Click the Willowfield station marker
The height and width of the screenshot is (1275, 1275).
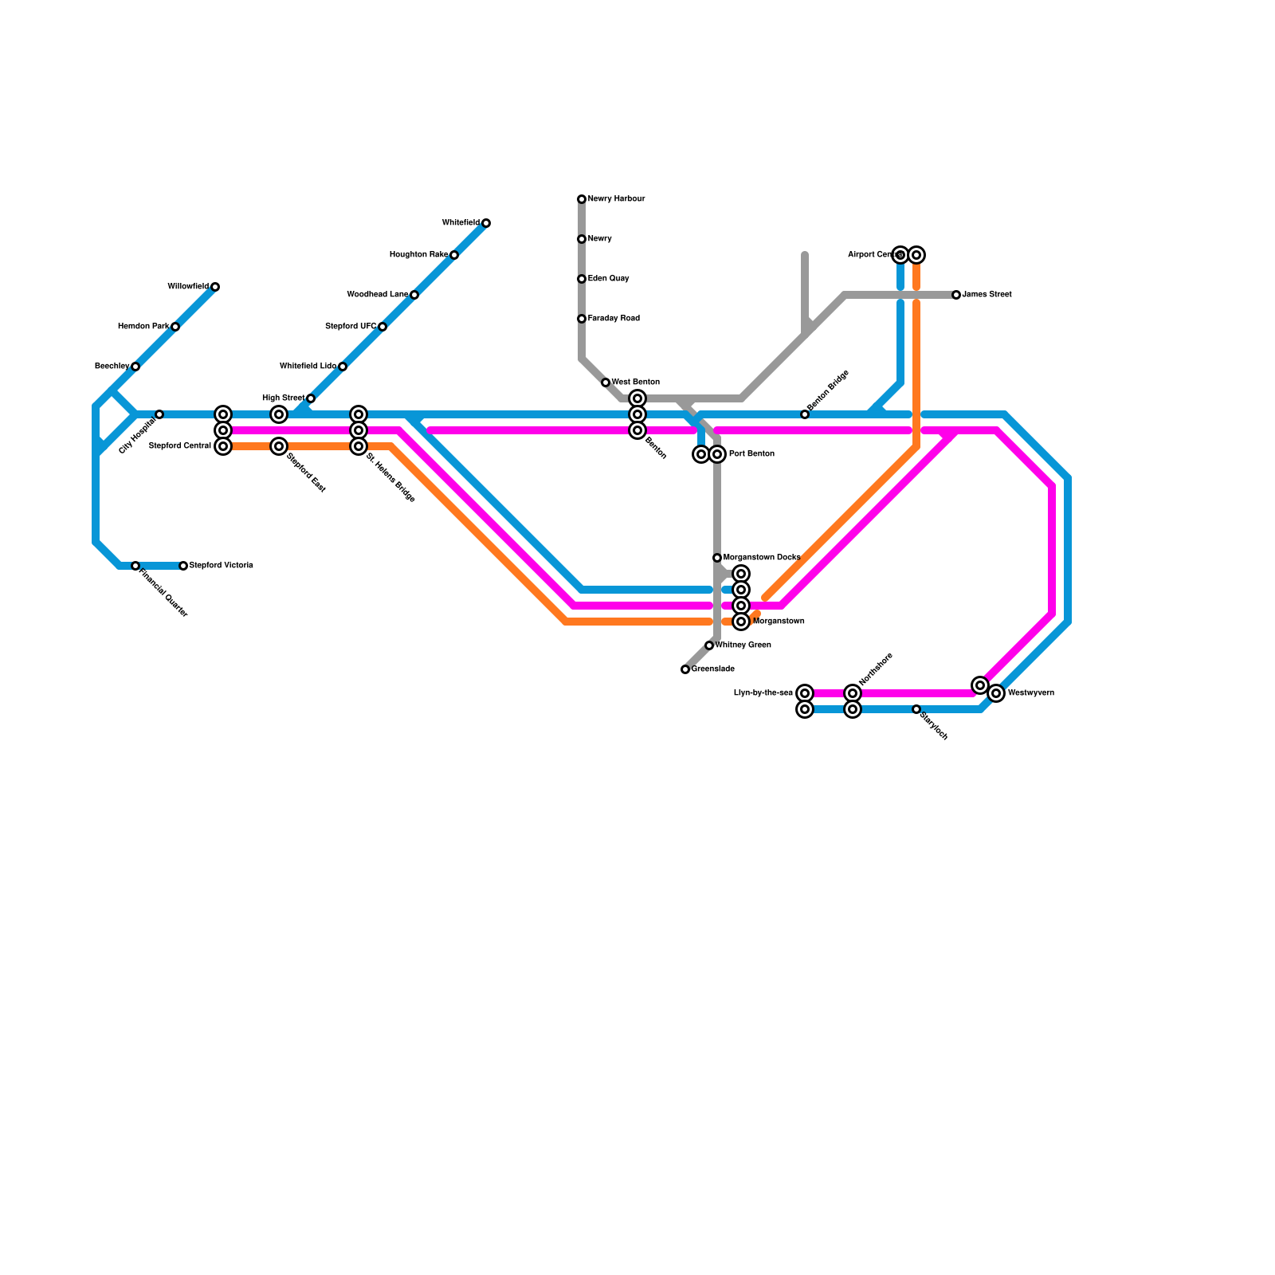point(215,287)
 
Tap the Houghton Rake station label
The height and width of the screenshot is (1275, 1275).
point(418,255)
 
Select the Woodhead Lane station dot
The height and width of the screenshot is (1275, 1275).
point(414,295)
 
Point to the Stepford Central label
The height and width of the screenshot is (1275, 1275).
point(180,446)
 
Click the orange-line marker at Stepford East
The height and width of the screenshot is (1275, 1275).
point(279,446)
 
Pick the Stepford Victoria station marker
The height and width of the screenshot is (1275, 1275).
point(183,566)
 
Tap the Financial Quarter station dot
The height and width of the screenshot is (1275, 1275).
point(135,566)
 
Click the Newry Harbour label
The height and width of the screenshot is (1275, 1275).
point(616,199)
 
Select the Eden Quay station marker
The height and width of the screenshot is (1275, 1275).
point(582,279)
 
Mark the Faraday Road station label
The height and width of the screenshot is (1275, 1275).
point(614,319)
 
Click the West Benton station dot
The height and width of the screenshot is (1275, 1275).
point(606,382)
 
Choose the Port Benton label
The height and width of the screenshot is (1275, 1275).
point(751,454)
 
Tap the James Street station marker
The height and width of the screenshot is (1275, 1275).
point(956,295)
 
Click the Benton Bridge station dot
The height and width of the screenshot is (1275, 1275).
point(805,414)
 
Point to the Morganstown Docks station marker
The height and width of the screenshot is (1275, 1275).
point(717,558)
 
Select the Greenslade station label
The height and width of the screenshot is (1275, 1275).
point(713,669)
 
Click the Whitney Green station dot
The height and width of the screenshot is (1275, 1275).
point(709,645)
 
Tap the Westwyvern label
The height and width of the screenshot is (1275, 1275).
point(1031,693)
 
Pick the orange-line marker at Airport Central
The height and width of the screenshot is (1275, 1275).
point(916,255)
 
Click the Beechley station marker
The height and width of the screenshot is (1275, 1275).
point(135,367)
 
